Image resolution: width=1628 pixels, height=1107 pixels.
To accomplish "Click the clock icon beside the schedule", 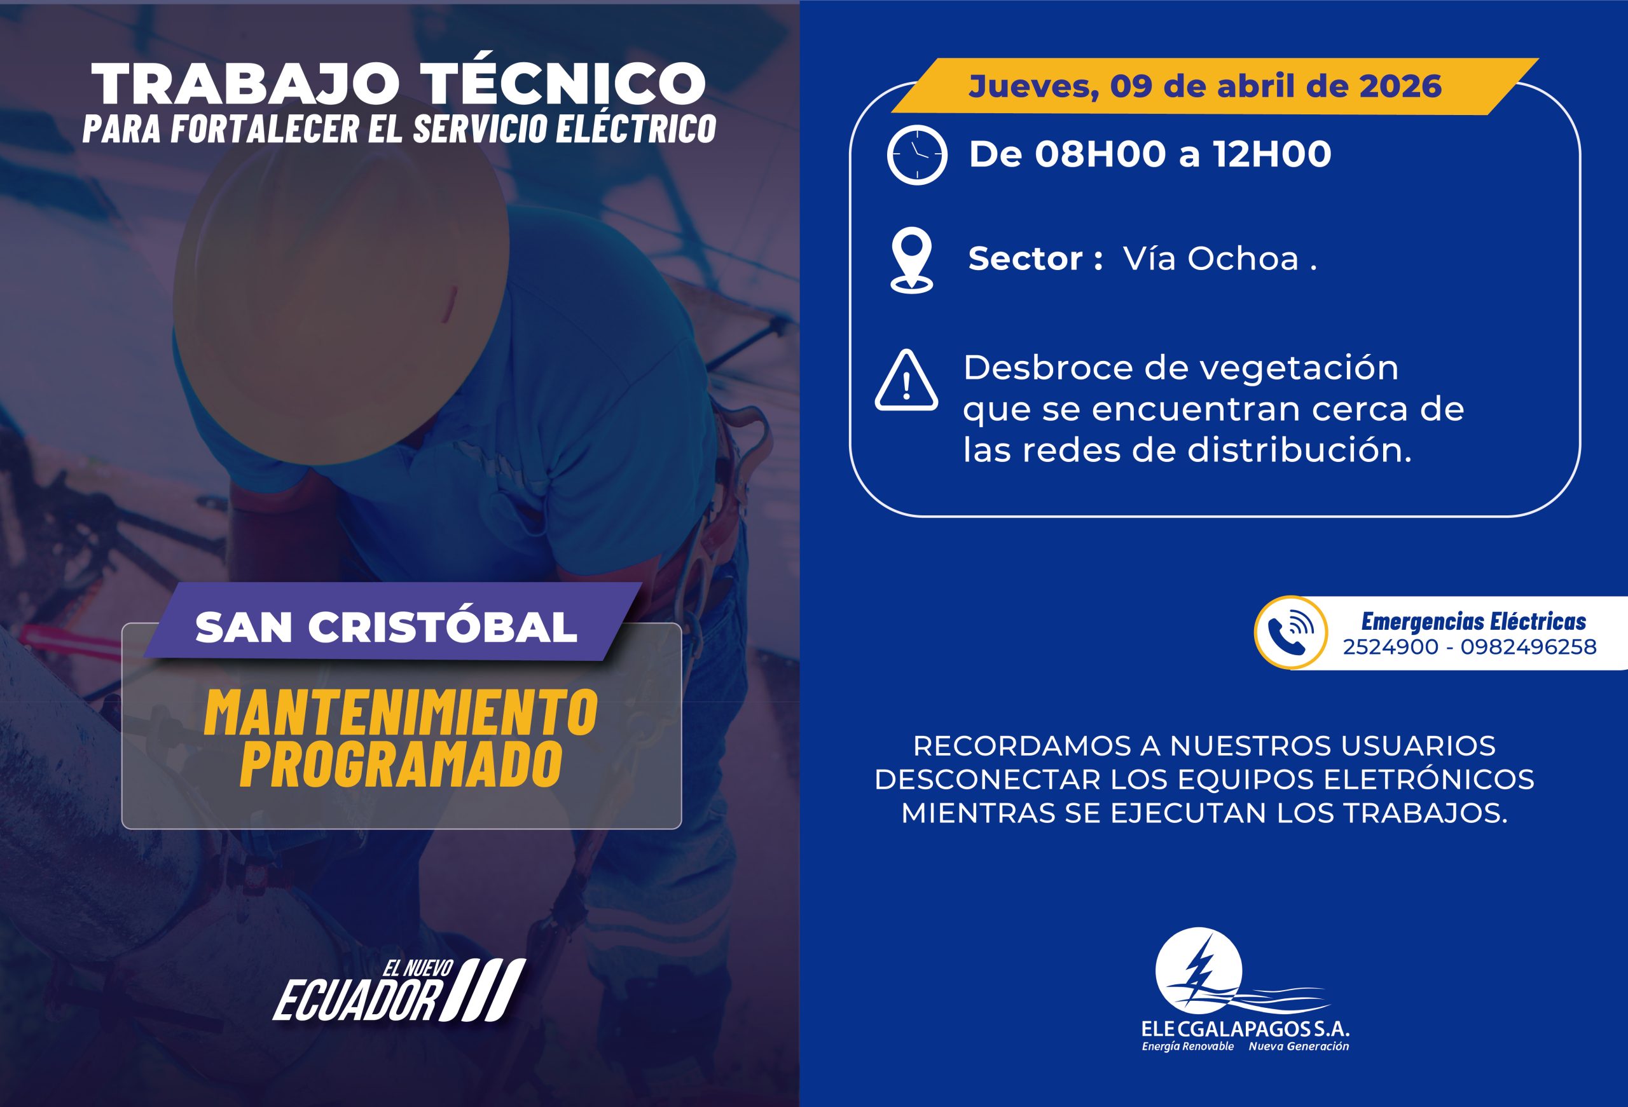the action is (916, 155).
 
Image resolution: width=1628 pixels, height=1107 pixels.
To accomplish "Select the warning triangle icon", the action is (906, 380).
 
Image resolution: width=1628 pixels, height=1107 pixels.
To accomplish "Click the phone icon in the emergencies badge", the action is (1290, 632).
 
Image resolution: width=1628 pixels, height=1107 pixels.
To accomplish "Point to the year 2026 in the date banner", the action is (1400, 86).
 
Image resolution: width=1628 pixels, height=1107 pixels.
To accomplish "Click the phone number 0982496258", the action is (1529, 646).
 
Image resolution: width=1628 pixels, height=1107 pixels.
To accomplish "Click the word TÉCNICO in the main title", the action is (565, 83).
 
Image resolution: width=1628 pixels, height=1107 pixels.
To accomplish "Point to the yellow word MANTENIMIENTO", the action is (401, 713).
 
